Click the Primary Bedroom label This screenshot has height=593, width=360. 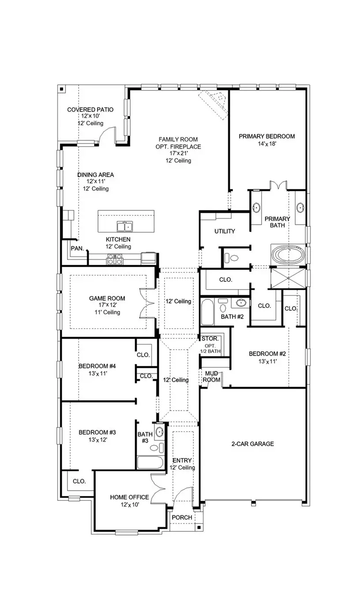coord(266,136)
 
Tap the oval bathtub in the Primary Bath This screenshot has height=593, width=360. coord(287,255)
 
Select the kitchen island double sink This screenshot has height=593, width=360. coord(125,227)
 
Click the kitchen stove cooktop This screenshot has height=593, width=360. coord(114,259)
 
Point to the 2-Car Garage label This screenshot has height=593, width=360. coord(253,444)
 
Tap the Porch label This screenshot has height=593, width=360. coord(182,518)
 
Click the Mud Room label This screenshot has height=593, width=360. coord(211,376)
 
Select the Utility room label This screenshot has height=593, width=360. coord(225,231)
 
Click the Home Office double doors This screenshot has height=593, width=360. coord(157,489)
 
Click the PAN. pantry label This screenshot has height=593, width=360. coord(77,249)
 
